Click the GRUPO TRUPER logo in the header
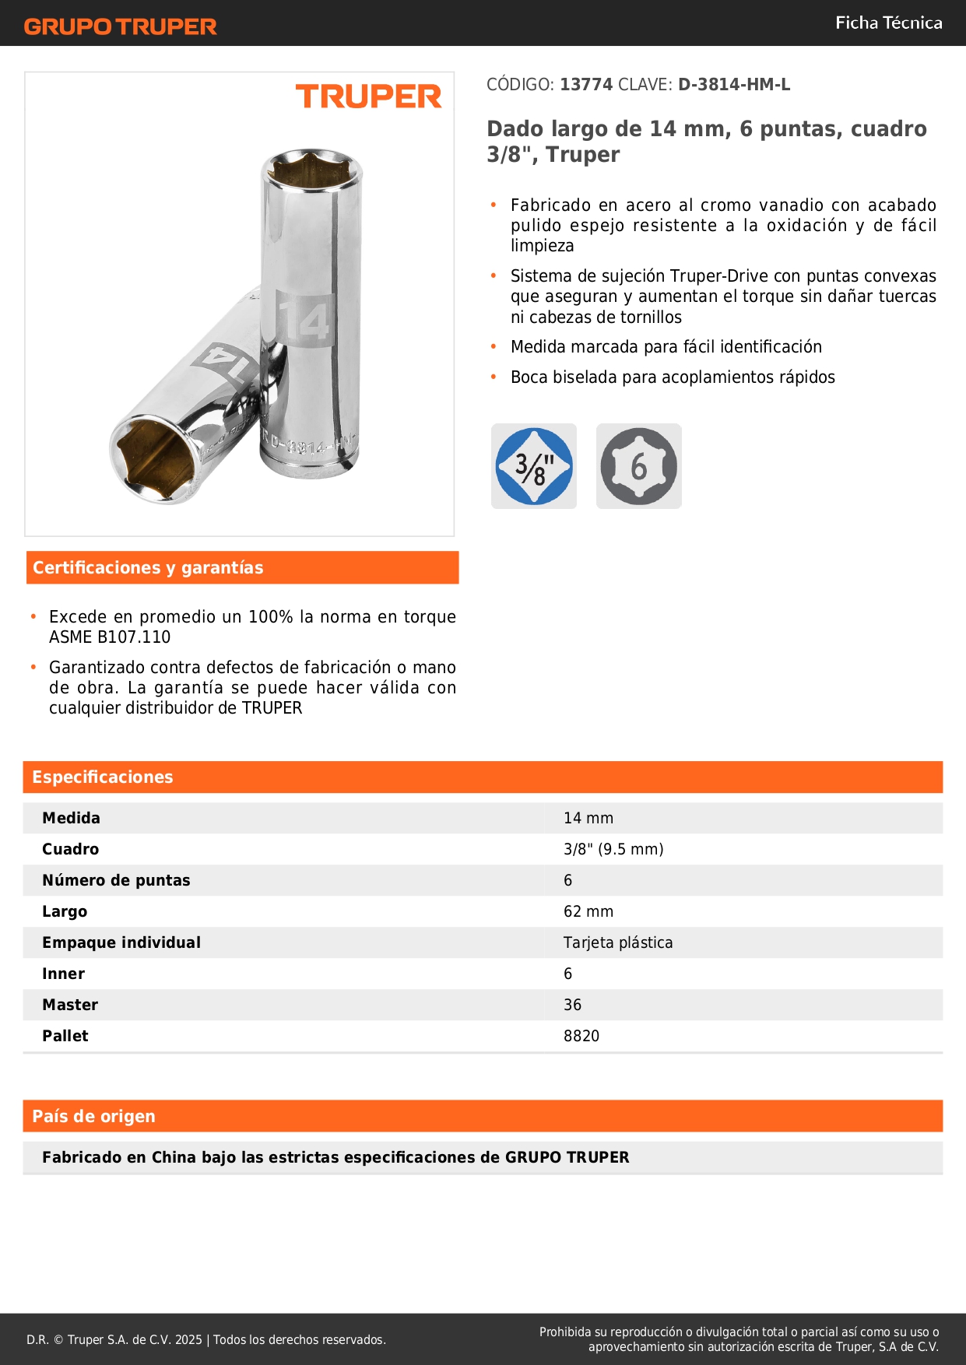(x=121, y=26)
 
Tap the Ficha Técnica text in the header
(x=888, y=23)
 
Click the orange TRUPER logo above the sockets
(x=368, y=96)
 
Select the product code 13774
(x=586, y=85)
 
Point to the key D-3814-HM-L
(x=734, y=85)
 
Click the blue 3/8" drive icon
(x=534, y=466)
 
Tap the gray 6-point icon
(x=638, y=466)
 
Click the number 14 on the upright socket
(x=304, y=320)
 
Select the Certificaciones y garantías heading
(x=148, y=568)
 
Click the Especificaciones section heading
(x=103, y=777)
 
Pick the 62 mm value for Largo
(x=588, y=911)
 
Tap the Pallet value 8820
(x=581, y=1036)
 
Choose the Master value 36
(x=572, y=1005)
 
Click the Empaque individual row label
(x=121, y=942)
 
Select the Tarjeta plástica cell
(x=618, y=942)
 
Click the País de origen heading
(x=93, y=1117)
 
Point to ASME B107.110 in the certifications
(x=110, y=637)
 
